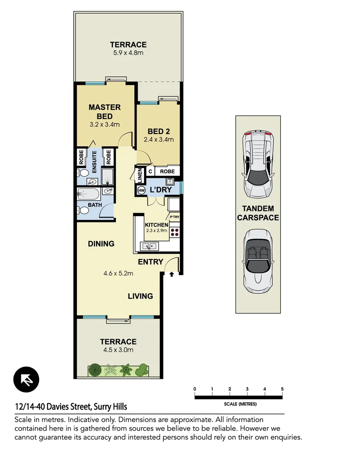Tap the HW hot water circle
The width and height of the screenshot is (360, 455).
click(x=141, y=191)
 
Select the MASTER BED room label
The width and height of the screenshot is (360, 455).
click(x=104, y=112)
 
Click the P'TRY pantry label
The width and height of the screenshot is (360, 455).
click(x=174, y=217)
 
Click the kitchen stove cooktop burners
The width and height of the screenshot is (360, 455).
click(x=175, y=231)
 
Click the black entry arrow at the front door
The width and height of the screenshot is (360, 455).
click(x=172, y=275)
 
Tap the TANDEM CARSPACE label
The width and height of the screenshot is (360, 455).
click(x=258, y=213)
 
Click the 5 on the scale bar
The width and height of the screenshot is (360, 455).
click(x=282, y=388)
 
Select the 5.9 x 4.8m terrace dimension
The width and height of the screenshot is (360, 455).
click(x=128, y=53)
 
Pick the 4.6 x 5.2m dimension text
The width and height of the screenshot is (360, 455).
click(x=118, y=273)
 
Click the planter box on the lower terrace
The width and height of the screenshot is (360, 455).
click(x=119, y=370)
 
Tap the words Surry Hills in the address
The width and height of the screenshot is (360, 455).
click(x=110, y=407)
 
